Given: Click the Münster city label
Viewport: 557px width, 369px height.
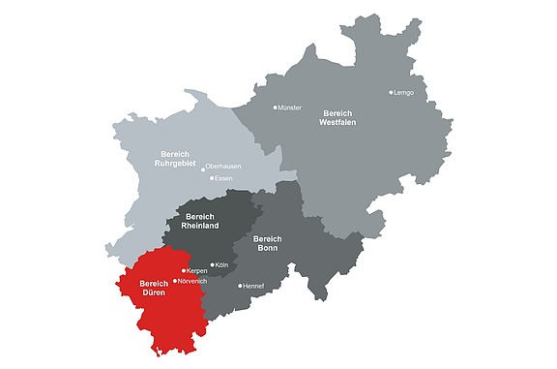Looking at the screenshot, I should click(290, 108).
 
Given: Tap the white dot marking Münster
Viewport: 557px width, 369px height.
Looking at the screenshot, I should click(275, 108).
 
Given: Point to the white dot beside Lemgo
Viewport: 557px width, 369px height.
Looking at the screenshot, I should click(391, 93).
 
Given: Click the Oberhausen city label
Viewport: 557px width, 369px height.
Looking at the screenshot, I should click(223, 168).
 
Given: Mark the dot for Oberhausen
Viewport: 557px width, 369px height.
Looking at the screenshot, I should click(203, 169).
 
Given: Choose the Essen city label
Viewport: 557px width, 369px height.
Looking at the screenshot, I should click(223, 179).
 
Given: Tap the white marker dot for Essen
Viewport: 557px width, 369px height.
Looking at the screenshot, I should click(211, 179).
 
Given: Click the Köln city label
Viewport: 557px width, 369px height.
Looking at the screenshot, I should click(221, 264).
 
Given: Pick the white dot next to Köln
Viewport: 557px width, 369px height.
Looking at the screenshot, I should click(212, 264).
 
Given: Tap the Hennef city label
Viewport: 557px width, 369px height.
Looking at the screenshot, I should click(254, 286).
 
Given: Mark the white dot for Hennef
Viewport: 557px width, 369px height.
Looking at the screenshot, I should click(240, 286).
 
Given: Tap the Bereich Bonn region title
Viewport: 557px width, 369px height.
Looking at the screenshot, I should click(268, 243).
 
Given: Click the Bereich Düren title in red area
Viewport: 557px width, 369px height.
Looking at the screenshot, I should click(153, 288).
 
